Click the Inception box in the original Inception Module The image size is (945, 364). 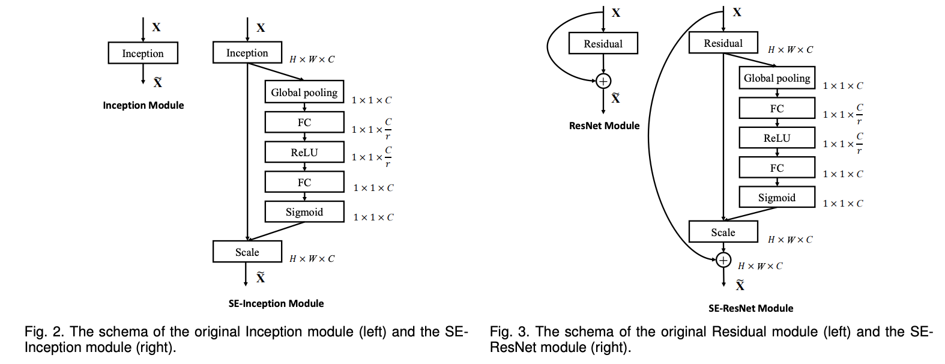pos(143,53)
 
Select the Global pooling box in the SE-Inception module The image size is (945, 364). pos(304,92)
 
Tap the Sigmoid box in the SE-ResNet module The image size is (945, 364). pos(776,197)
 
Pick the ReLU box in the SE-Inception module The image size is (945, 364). pos(304,152)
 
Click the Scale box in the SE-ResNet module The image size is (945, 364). pos(723,232)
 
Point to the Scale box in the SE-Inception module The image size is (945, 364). pos(247,252)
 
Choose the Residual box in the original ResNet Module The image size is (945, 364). pos(603,43)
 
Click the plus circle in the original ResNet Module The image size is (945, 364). pos(603,81)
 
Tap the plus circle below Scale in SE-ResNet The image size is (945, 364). pos(723,259)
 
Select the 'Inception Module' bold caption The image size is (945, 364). pos(143,105)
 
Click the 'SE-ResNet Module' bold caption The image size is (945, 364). pos(750,308)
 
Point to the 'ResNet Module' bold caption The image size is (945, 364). pos(604,126)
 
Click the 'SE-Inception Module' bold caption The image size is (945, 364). pos(276,303)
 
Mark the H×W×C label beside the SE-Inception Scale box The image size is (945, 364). pos(312,259)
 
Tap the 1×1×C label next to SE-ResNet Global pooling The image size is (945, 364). pos(842,86)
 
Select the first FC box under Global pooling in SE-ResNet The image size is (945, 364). pos(776,108)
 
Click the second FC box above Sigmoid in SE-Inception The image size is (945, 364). pos(304,182)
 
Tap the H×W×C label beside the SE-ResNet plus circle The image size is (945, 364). pos(760,266)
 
